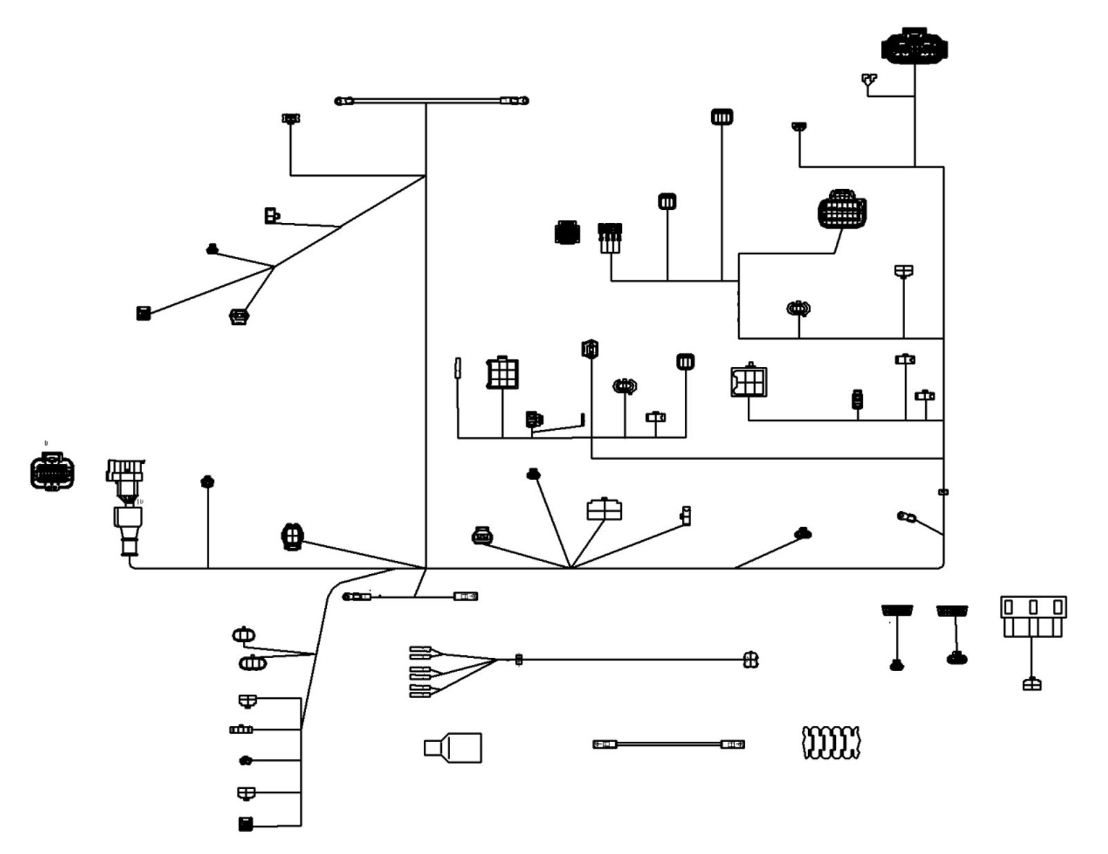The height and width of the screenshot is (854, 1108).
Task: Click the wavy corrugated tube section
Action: click(830, 742)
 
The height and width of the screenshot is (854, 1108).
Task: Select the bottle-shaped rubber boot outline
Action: click(453, 748)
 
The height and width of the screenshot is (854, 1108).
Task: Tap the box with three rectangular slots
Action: click(1033, 616)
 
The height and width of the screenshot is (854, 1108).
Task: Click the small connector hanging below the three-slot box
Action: click(1032, 684)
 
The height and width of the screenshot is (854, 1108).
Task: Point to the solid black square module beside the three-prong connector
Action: click(567, 233)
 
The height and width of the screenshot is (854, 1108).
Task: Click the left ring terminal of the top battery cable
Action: click(344, 101)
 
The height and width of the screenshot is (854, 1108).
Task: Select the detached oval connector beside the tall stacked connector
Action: click(52, 472)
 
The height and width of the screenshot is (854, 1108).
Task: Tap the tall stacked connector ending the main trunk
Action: click(126, 506)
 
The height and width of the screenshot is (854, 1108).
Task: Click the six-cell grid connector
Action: click(502, 373)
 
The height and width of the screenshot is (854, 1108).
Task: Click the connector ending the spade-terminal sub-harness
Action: click(751, 660)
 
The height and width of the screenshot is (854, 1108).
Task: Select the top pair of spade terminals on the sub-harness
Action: click(421, 652)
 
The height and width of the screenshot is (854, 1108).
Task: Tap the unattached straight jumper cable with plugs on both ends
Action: click(668, 745)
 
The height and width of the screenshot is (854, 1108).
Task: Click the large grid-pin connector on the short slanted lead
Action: click(842, 209)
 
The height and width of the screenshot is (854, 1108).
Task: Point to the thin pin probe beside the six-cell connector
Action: click(458, 368)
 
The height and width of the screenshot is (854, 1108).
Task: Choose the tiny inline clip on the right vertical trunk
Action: click(943, 492)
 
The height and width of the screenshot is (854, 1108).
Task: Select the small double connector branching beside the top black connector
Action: click(869, 80)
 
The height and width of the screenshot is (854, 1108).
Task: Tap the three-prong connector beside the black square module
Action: click(610, 237)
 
